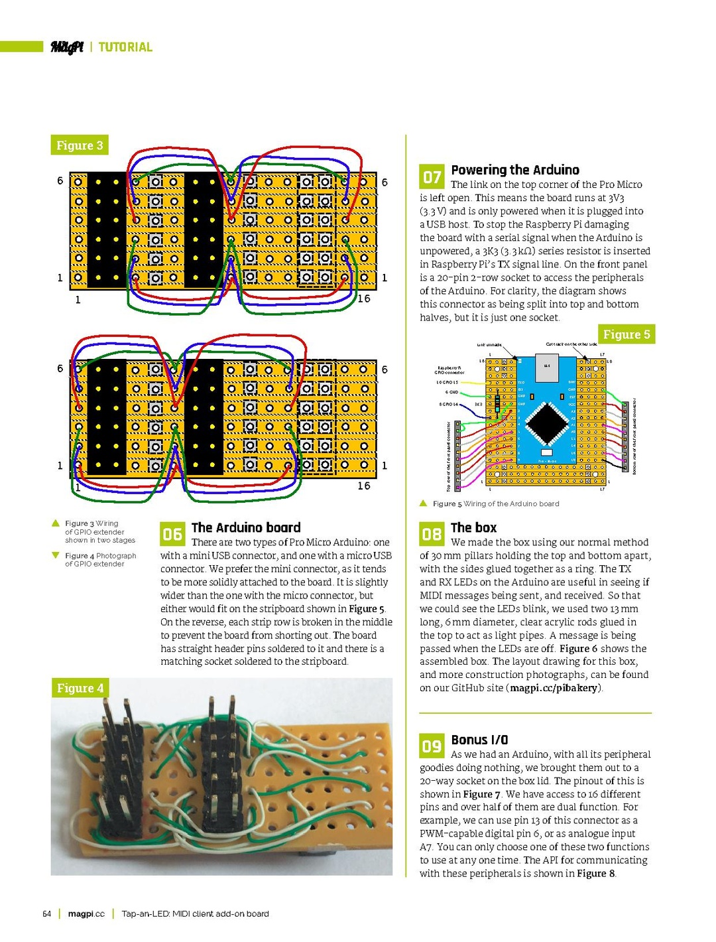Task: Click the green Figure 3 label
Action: [80, 145]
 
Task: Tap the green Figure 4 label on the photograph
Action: [80, 688]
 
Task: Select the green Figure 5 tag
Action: [626, 334]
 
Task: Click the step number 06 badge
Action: [172, 534]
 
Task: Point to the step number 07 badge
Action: [432, 177]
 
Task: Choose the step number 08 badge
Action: [432, 534]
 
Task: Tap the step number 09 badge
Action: [432, 746]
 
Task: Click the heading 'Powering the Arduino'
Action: [514, 170]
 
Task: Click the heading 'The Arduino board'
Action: [246, 527]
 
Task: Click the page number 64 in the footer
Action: [46, 913]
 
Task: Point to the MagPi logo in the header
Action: [67, 47]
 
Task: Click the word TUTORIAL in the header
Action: [125, 47]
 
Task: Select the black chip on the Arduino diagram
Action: [547, 423]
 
